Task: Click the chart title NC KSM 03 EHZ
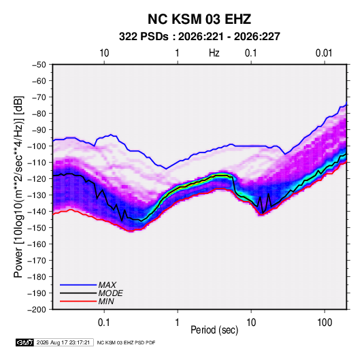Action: pos(199,19)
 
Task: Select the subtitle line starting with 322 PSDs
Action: pos(199,37)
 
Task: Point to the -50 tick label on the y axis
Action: pos(39,65)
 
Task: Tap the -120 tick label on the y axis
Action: pos(37,179)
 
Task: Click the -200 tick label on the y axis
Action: pos(37,310)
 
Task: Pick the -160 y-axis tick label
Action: pos(37,244)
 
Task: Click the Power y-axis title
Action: pos(18,187)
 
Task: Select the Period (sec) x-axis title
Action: pos(214,330)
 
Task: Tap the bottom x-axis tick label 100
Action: pos(325,323)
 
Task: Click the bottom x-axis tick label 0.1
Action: pos(103,323)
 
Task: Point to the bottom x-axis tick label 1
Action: pos(177,323)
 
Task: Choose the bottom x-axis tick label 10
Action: pos(251,323)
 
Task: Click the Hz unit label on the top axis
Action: pos(214,53)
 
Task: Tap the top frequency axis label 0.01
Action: pos(324,53)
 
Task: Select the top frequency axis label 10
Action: pos(104,53)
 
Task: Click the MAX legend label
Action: pos(107,285)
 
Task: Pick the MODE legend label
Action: pos(110,293)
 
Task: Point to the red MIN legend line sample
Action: pos(78,301)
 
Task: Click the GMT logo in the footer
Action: pos(24,342)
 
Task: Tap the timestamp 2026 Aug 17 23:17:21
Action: pos(63,342)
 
